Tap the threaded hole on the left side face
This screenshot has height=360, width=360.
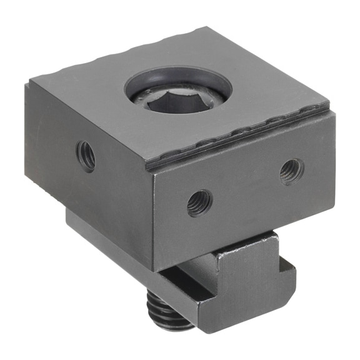[x=86, y=155]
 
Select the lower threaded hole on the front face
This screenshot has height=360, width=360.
[x=199, y=203]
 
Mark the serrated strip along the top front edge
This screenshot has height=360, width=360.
[x=244, y=137]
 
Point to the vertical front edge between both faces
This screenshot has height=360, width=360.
[x=153, y=219]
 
